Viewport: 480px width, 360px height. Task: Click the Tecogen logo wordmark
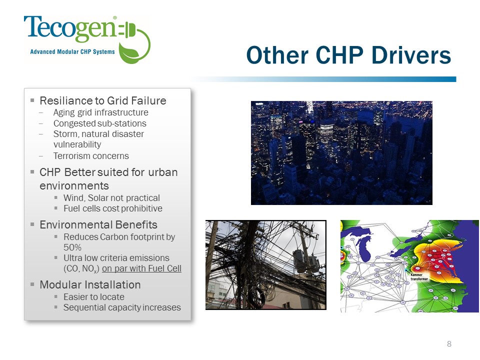(70, 28)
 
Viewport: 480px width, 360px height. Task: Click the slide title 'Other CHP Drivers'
(348, 55)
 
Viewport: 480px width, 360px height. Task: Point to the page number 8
(449, 344)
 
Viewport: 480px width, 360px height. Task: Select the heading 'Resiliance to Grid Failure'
(103, 100)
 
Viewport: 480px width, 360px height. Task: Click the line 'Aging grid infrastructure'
(100, 112)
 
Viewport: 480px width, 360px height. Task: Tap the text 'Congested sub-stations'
(100, 123)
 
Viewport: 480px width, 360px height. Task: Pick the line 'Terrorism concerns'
(91, 156)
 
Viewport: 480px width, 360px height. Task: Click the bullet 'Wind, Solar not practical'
(111, 198)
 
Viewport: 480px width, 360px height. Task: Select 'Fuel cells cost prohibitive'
(112, 208)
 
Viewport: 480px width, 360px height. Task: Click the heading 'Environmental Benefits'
(98, 224)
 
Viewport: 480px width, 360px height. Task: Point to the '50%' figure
(72, 247)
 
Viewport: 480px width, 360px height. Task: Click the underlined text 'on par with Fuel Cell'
(141, 268)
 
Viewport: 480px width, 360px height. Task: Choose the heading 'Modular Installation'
(90, 284)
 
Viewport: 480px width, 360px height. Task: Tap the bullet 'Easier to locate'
(93, 297)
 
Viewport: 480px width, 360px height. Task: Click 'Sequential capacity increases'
(122, 307)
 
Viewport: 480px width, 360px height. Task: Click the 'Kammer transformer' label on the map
(419, 276)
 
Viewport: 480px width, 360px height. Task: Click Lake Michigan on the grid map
(364, 247)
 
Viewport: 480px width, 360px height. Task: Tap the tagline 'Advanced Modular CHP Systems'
(72, 51)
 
